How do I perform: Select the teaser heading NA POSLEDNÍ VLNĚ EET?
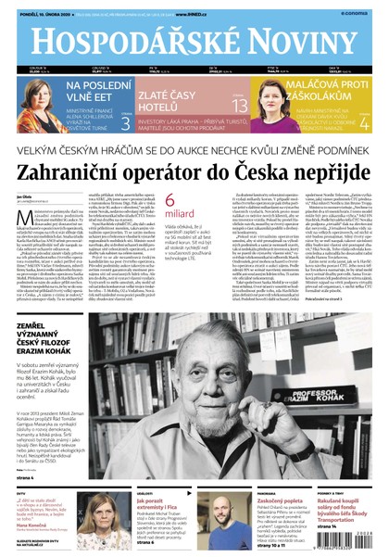(x=92, y=91)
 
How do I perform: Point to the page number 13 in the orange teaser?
(x=240, y=107)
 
